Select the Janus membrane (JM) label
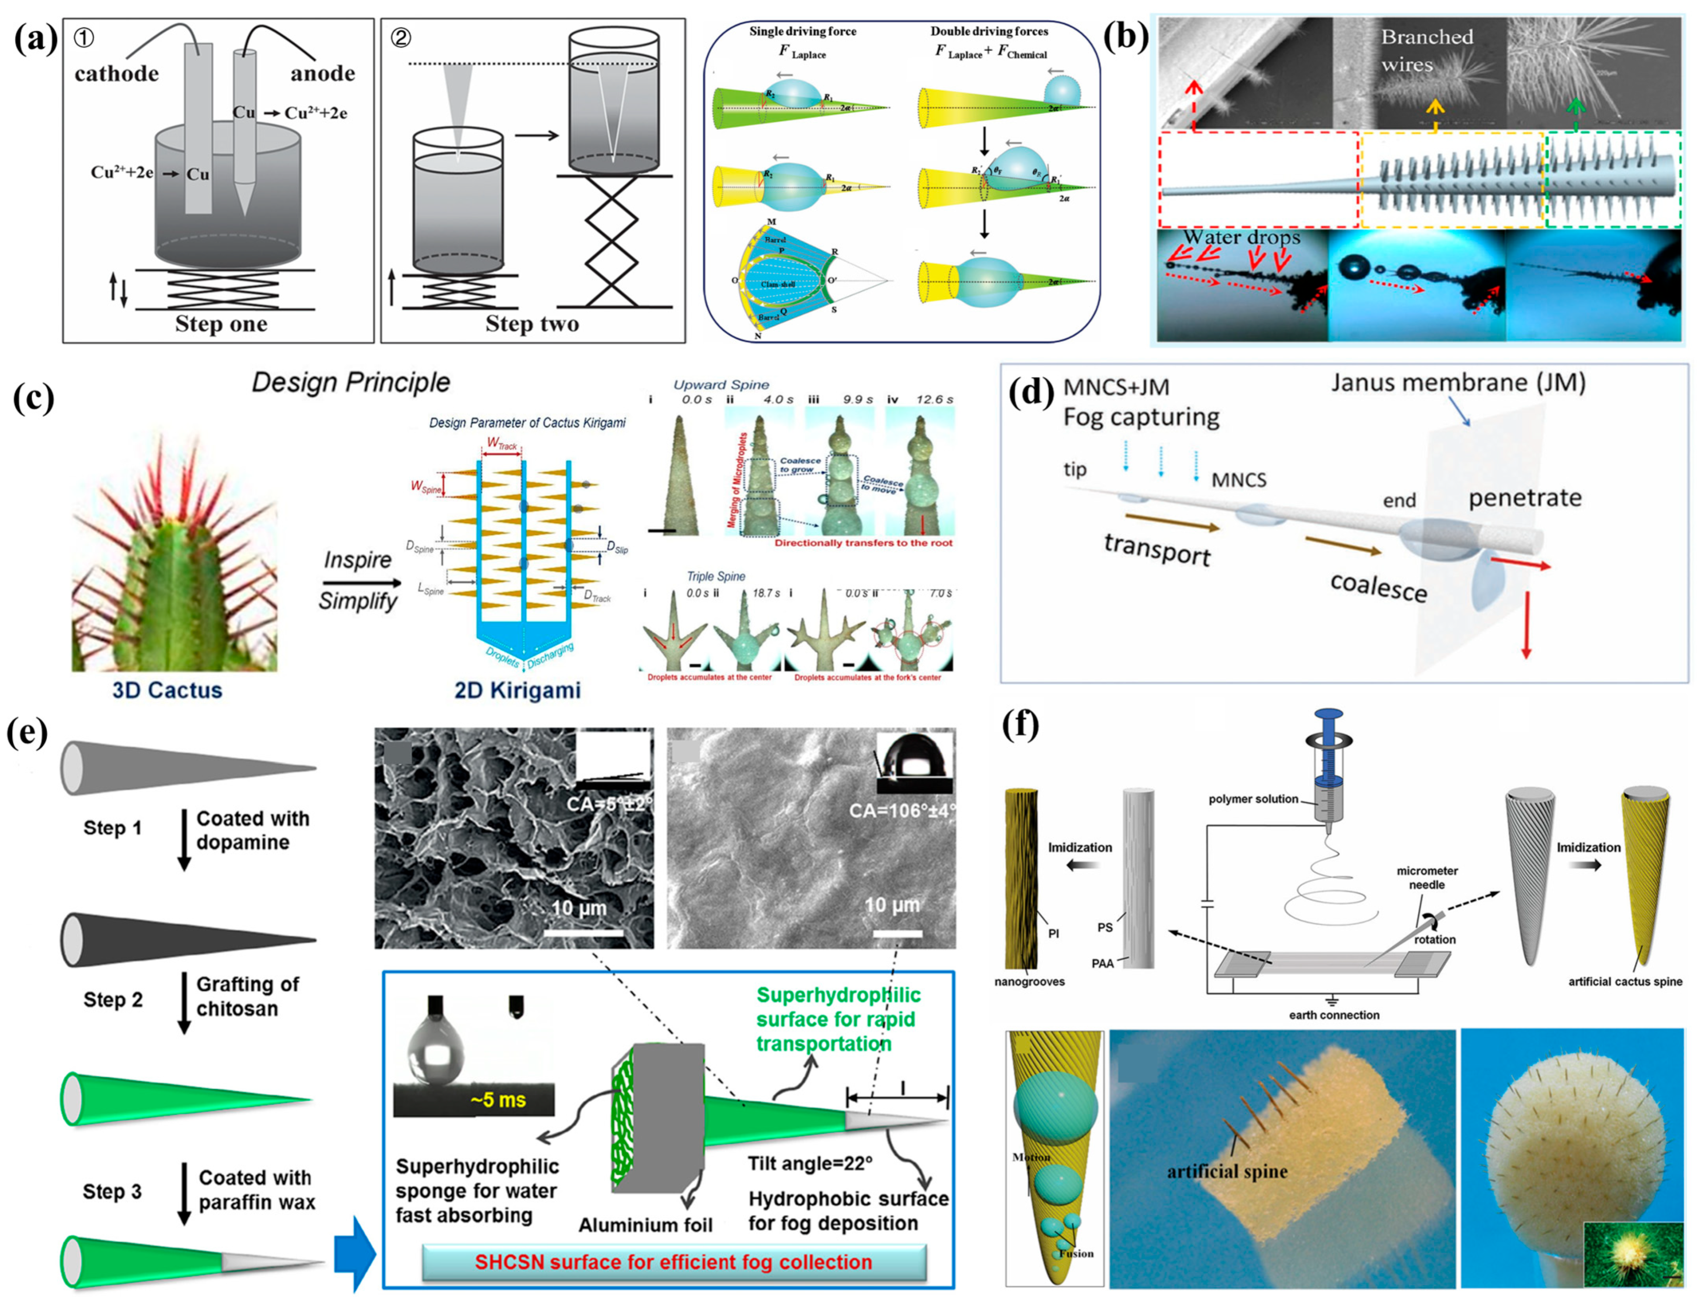tap(1457, 382)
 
